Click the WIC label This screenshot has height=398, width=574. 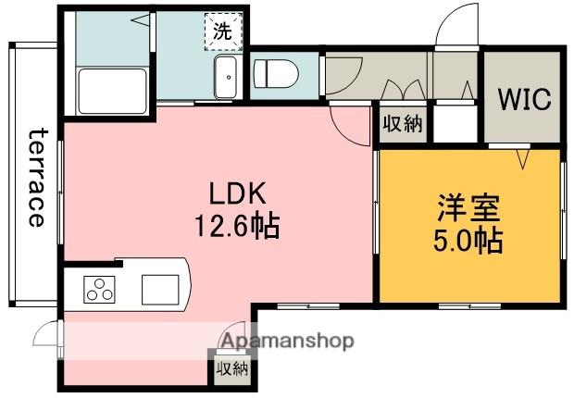525,99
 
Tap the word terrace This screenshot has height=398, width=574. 36,177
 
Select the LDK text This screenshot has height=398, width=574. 237,193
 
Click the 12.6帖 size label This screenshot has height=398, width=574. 237,225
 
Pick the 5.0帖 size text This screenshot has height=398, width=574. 468,242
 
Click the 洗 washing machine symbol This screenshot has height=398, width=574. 222,29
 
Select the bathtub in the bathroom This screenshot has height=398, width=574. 109,90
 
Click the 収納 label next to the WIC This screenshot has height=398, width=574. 403,124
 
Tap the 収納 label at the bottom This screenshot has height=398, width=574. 231,369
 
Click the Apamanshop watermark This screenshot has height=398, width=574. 285,342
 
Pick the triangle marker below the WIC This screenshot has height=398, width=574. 522,160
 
